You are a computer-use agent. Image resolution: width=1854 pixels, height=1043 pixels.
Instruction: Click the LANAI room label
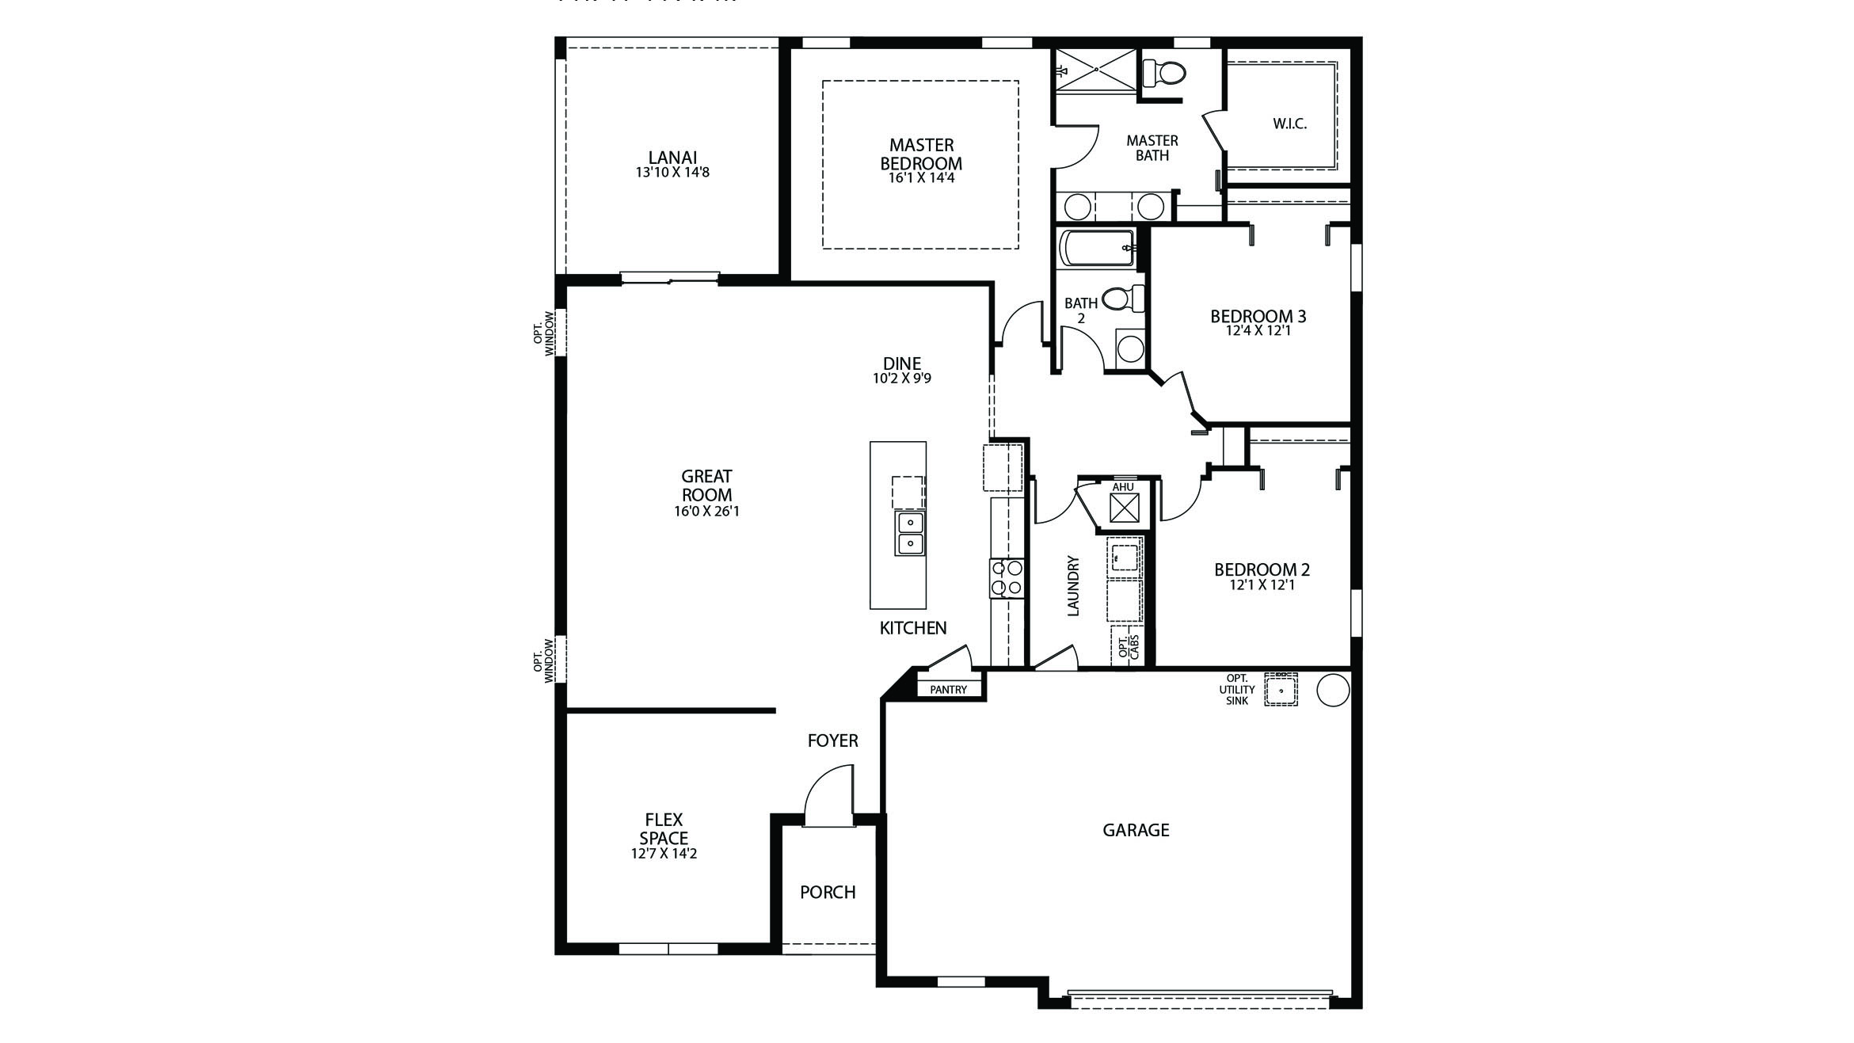(672, 158)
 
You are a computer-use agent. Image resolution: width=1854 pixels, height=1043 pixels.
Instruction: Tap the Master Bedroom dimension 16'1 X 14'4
(921, 179)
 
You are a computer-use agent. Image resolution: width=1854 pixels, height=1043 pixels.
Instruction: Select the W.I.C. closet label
(1289, 124)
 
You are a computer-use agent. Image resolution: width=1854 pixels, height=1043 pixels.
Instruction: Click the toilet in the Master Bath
(1165, 74)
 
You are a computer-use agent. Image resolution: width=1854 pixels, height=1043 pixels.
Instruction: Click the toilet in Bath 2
(1122, 299)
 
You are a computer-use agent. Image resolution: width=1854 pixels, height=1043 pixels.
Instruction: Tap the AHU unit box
(1124, 508)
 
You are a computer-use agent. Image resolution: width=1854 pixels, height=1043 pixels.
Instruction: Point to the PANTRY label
(948, 690)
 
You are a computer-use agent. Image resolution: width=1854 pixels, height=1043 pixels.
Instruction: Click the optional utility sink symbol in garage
(1280, 690)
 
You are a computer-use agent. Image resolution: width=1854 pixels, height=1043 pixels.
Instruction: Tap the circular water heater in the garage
(1332, 690)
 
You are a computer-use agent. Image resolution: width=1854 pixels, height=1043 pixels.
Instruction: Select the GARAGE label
(1136, 830)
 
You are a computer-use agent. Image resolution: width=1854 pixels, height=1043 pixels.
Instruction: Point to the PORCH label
(828, 893)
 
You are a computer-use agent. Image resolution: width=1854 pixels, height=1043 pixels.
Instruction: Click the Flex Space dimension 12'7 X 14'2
(664, 855)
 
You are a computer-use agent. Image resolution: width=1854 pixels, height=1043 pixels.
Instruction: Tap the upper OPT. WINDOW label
(543, 333)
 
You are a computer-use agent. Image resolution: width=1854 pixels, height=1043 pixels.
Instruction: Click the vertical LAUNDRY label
(1074, 586)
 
